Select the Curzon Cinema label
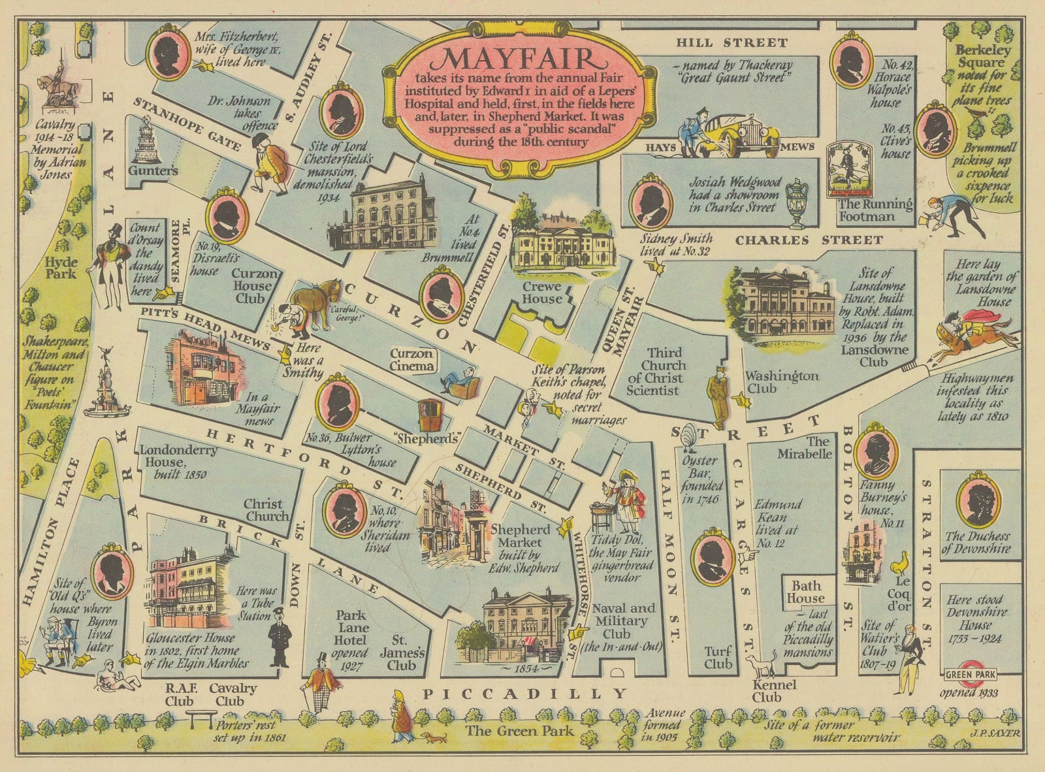point(411,360)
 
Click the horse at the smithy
point(316,302)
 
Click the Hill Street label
point(731,43)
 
